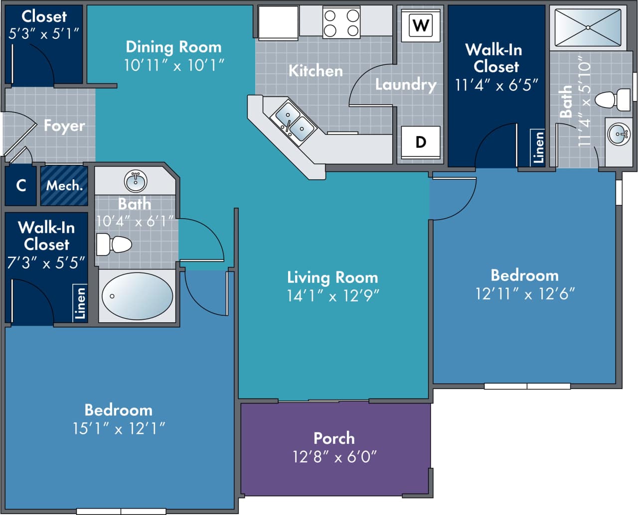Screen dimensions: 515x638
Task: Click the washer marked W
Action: pyautogui.click(x=421, y=24)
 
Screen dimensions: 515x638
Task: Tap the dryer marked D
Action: pyautogui.click(x=421, y=142)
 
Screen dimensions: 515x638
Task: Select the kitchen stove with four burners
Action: pyautogui.click(x=341, y=22)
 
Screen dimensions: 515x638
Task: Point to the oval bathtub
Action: pyautogui.click(x=137, y=296)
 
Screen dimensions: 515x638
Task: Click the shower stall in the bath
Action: pyautogui.click(x=588, y=27)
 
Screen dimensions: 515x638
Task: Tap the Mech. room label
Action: pyautogui.click(x=64, y=186)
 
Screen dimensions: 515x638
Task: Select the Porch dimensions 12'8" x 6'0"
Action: pyautogui.click(x=334, y=456)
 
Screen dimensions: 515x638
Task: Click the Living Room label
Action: pyautogui.click(x=332, y=277)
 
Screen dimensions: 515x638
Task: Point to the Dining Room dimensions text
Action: pyautogui.click(x=174, y=65)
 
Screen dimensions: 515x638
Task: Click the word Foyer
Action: pyautogui.click(x=64, y=126)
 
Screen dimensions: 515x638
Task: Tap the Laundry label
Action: pyautogui.click(x=406, y=84)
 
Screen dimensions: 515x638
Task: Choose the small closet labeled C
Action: pyautogui.click(x=21, y=186)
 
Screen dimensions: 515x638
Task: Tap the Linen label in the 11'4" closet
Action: pyautogui.click(x=538, y=147)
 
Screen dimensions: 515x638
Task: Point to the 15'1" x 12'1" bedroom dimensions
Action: pyautogui.click(x=119, y=428)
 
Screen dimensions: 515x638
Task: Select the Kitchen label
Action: pyautogui.click(x=316, y=71)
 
